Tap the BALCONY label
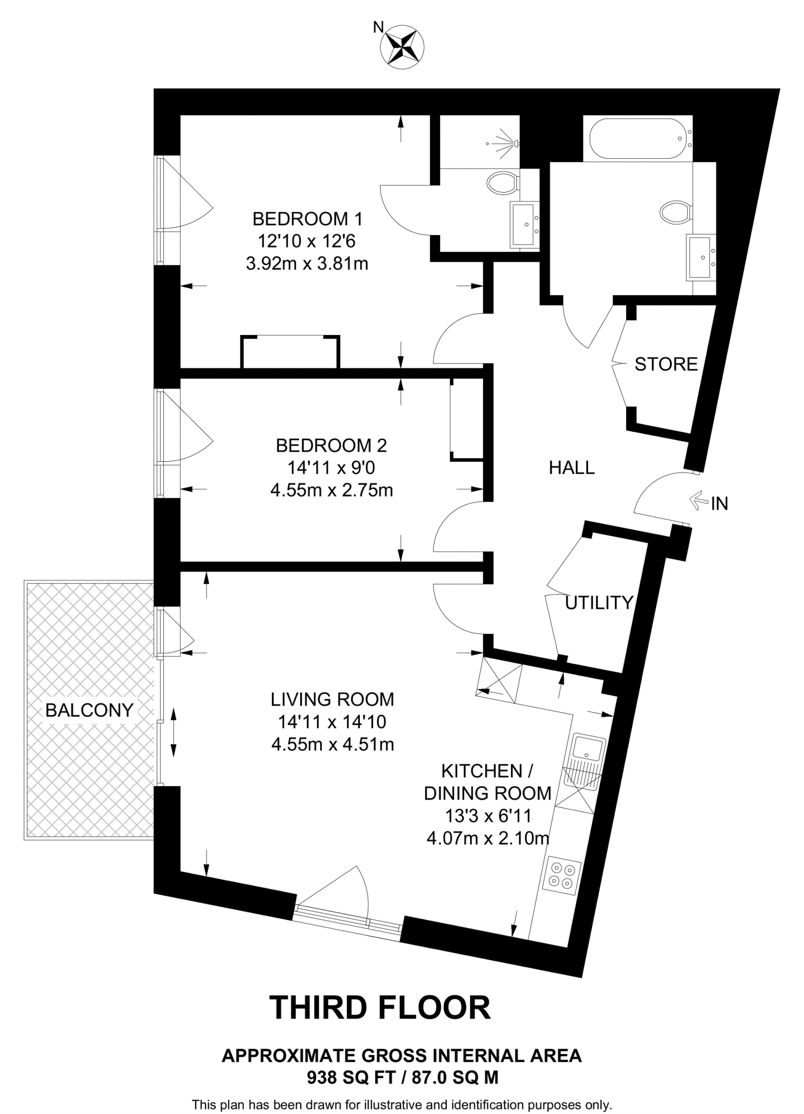point(89,710)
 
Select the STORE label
point(666,364)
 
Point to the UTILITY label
point(599,602)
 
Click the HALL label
point(572,467)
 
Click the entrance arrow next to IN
point(697,500)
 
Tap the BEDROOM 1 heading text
point(307,219)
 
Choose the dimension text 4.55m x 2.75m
point(332,491)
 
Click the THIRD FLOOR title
point(380,1007)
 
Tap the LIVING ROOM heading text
point(332,699)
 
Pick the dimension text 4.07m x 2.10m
point(488,838)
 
